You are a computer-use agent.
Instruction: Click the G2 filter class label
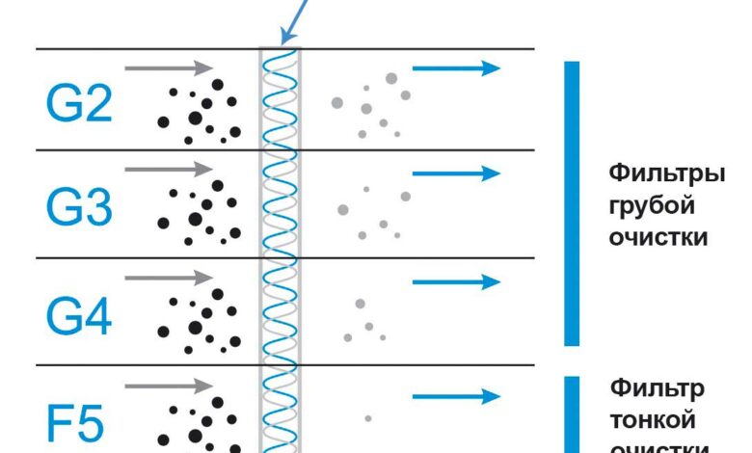(79, 104)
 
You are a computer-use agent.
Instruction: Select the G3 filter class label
(79, 207)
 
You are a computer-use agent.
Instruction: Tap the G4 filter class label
(79, 315)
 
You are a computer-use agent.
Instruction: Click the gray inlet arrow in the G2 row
(169, 67)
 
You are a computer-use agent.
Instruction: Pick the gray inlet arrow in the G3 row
(169, 169)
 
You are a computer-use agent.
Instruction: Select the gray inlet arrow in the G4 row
(169, 278)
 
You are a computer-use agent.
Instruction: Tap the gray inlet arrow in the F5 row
(169, 386)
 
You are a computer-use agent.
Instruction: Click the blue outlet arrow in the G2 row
(456, 67)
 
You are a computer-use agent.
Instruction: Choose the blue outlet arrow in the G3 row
(456, 173)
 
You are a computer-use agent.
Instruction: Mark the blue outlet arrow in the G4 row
(456, 282)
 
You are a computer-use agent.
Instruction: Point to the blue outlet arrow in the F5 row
(456, 396)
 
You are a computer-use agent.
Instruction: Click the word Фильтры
(666, 175)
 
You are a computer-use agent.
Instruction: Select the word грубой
(652, 206)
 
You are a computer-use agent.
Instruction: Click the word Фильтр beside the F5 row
(657, 388)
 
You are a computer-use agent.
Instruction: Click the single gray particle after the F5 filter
(368, 418)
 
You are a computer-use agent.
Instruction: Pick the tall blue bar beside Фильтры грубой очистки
(572, 202)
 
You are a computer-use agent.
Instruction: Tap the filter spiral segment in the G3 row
(281, 204)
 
